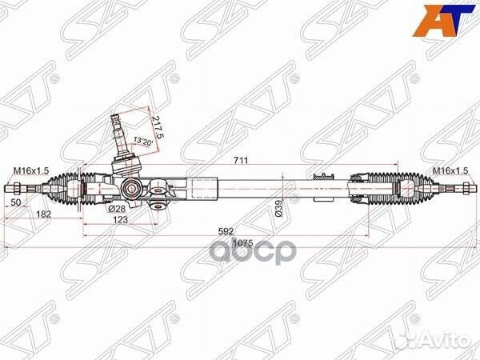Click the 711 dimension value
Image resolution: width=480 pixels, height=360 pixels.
[241, 160]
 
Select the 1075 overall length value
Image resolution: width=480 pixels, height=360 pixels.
[242, 243]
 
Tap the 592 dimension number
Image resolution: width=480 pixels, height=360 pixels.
[226, 231]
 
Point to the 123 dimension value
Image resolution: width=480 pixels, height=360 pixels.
[120, 219]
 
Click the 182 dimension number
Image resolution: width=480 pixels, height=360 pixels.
[43, 214]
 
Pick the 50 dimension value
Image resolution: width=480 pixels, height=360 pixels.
[16, 202]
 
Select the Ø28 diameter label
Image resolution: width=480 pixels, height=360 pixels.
[118, 209]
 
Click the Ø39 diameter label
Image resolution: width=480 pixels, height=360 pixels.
[278, 210]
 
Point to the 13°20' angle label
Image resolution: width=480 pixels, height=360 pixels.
[141, 141]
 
